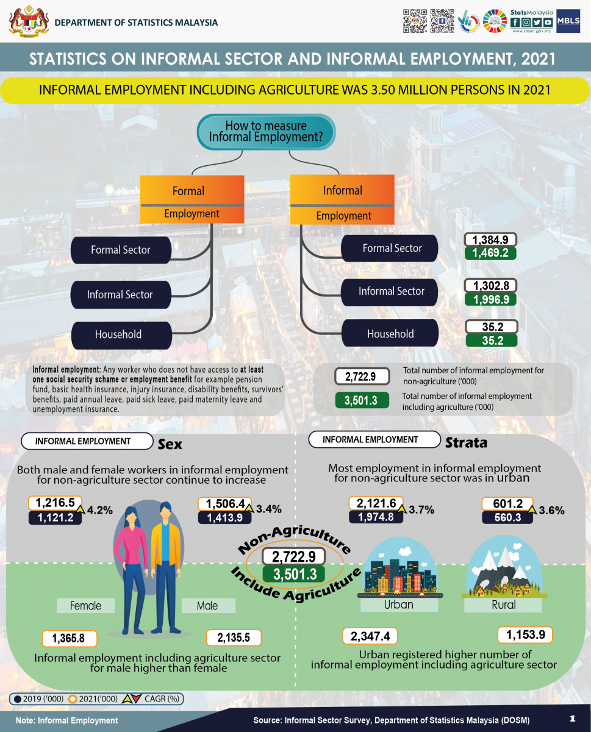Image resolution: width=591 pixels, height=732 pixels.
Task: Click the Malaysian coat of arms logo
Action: pyautogui.click(x=29, y=21)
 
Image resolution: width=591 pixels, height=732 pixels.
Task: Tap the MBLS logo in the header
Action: pyautogui.click(x=568, y=21)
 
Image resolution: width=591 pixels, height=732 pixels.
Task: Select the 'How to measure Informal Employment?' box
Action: pyautogui.click(x=266, y=132)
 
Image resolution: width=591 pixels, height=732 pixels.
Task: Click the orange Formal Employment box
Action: pyautogui.click(x=192, y=199)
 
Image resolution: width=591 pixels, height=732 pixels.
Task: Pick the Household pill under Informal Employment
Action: pyautogui.click(x=390, y=333)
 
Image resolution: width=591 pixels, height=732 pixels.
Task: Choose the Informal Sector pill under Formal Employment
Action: pyautogui.click(x=121, y=295)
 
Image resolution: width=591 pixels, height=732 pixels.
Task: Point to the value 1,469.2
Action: pyautogui.click(x=490, y=253)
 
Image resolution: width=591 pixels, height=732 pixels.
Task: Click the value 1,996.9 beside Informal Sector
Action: pyautogui.click(x=490, y=300)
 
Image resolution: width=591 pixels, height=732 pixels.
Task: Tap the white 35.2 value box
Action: pyautogui.click(x=492, y=326)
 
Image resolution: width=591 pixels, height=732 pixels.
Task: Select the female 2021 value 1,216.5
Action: pyautogui.click(x=55, y=503)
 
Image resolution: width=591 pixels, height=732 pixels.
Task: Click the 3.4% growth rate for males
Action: pyautogui.click(x=269, y=509)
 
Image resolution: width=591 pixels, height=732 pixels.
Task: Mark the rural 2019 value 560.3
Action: pyautogui.click(x=507, y=517)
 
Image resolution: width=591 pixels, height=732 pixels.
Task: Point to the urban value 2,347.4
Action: pyautogui.click(x=370, y=636)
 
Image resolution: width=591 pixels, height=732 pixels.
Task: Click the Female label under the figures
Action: pyautogui.click(x=85, y=606)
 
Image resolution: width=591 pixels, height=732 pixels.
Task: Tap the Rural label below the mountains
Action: pyautogui.click(x=503, y=605)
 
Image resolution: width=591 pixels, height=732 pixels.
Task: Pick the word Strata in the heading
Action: pyautogui.click(x=466, y=443)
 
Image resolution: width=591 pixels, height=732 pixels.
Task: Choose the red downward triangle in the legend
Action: pyautogui.click(x=137, y=698)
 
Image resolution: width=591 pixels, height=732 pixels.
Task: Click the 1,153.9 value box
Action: pyautogui.click(x=525, y=635)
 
